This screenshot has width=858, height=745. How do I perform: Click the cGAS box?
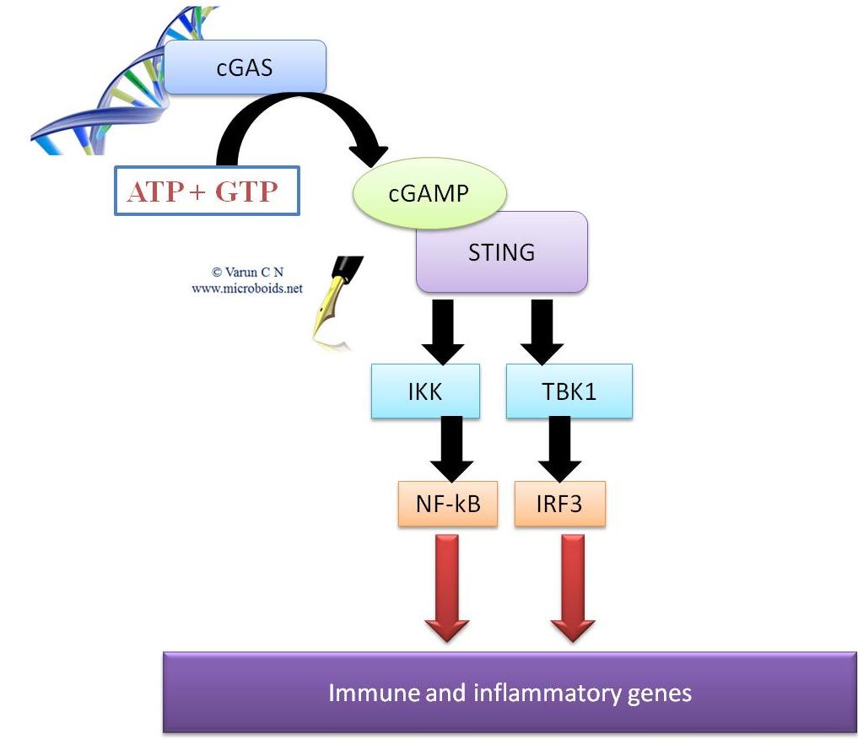(x=245, y=67)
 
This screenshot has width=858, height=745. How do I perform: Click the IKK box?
(x=425, y=391)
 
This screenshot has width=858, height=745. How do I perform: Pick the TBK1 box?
(x=569, y=391)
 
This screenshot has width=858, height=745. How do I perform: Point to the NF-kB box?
(x=447, y=505)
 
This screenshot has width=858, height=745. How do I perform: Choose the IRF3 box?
(x=559, y=505)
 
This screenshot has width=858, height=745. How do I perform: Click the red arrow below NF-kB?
(x=446, y=590)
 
